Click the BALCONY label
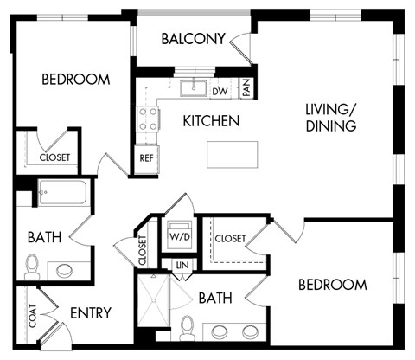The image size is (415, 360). tap(194, 38)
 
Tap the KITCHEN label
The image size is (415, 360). tap(211, 121)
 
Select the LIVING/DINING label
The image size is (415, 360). tap(331, 118)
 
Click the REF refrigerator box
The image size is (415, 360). tap(145, 159)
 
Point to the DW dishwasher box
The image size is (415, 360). tap(220, 91)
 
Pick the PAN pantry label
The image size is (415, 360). tap(246, 88)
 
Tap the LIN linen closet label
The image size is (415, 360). tap(182, 266)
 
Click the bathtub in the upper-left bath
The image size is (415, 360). tap(61, 192)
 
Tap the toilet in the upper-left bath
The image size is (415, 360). tap(33, 263)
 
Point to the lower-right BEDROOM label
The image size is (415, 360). tap(332, 285)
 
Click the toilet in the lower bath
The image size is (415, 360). tap(188, 326)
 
